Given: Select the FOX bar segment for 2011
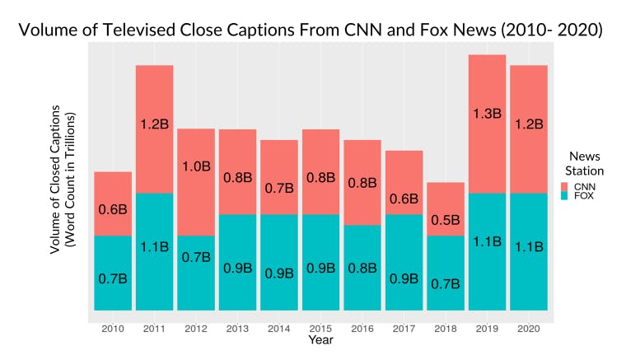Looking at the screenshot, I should (154, 251).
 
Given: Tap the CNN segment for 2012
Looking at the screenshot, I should (195, 182).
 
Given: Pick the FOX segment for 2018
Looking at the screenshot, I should (445, 273).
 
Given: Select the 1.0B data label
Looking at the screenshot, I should (196, 166).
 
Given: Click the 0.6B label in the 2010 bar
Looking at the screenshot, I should (113, 209).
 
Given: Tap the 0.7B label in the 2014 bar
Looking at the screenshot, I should (278, 188).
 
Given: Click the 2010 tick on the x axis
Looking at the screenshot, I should (113, 328).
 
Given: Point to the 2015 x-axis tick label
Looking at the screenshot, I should (320, 328).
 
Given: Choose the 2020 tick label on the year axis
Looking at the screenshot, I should (528, 328).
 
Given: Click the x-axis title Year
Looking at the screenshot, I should (320, 339).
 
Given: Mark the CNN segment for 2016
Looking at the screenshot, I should (362, 182).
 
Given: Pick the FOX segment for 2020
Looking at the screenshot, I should (528, 251).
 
